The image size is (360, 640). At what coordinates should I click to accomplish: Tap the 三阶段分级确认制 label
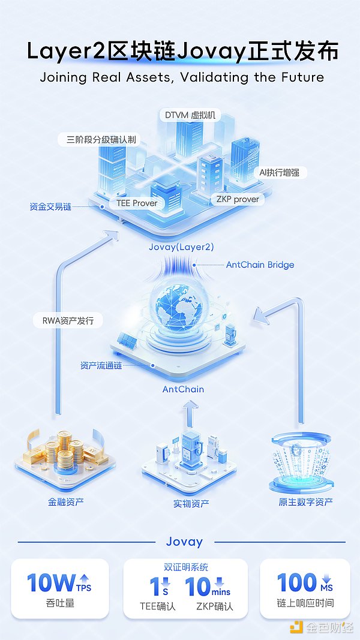coord(101,140)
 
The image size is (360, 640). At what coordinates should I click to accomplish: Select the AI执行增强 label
coord(279,173)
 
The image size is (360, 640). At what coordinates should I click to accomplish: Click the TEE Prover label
coord(137,203)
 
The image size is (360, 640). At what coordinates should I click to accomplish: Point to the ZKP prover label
coord(238,200)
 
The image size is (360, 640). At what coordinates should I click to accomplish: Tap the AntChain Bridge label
coord(260,265)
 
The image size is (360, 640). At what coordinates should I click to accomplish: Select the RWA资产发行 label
coord(68,321)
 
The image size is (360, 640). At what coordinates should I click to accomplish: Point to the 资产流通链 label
coord(101,366)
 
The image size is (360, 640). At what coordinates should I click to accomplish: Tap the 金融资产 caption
coord(66,501)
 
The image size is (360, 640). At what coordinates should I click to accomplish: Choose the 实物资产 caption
coord(191,504)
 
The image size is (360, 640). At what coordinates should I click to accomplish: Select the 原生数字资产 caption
coord(305,501)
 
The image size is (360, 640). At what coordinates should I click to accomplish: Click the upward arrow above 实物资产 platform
coord(190,413)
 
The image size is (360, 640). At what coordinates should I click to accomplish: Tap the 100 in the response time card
coord(297,582)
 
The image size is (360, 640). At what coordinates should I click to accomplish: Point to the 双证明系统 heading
coord(186,567)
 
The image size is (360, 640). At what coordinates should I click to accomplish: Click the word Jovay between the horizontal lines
coord(184,542)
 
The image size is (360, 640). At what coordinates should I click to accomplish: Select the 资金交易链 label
coord(50,206)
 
